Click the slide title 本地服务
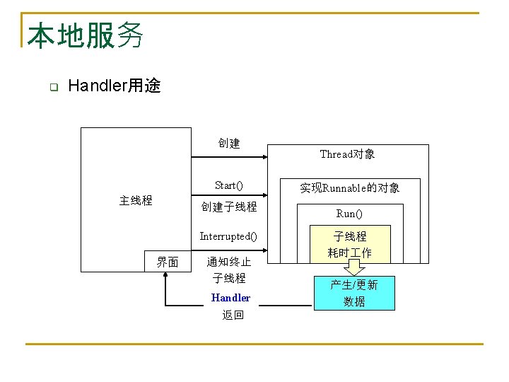(x=86, y=35)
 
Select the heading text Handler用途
(x=115, y=86)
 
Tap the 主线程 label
(x=136, y=200)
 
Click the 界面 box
(x=168, y=262)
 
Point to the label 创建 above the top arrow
(x=229, y=143)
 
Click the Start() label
(x=229, y=185)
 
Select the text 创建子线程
(x=229, y=207)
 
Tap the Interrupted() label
(x=229, y=236)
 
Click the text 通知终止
(x=229, y=262)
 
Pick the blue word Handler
(x=230, y=298)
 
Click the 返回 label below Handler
(x=233, y=316)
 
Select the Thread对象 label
(x=347, y=154)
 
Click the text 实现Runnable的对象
(x=350, y=187)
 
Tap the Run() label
(x=349, y=214)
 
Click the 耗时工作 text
(x=350, y=253)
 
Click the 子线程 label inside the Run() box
(x=350, y=236)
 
